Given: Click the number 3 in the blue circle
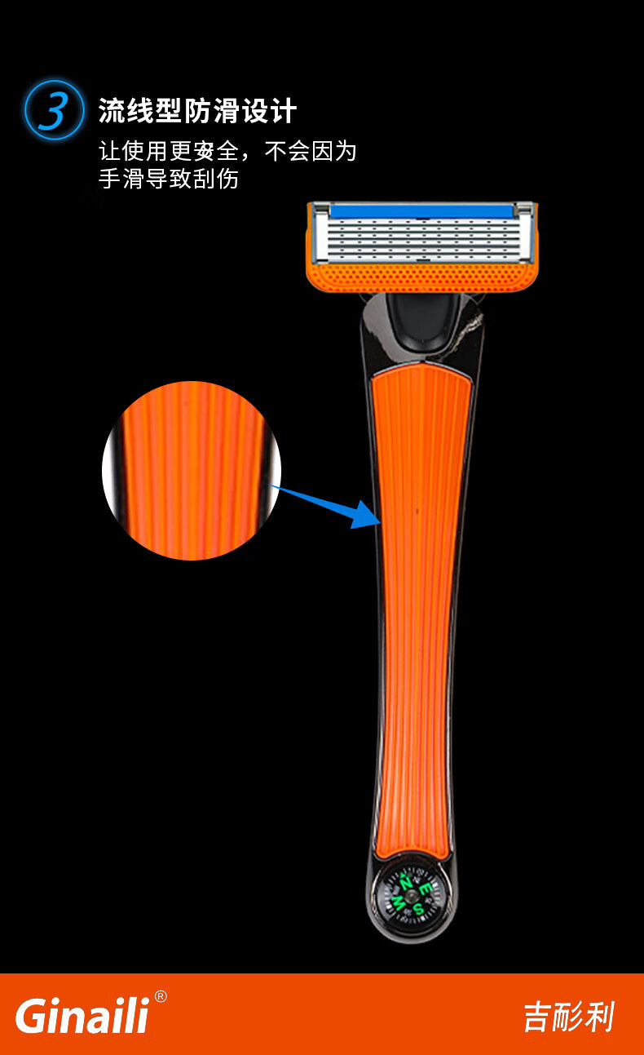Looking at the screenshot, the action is click(x=54, y=111).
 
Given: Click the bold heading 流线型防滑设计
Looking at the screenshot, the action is click(x=197, y=111).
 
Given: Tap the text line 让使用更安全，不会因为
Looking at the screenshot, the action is click(x=227, y=151).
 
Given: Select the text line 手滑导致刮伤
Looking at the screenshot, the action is click(x=169, y=179).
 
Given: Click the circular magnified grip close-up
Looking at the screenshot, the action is click(x=191, y=471).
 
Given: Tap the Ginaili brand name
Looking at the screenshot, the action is click(x=82, y=1017).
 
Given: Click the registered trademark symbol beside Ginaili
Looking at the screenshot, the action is click(x=161, y=996).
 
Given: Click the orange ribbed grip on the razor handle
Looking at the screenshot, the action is click(x=419, y=612).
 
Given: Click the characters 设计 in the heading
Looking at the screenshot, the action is click(x=270, y=111).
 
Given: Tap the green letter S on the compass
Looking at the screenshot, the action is click(x=418, y=907).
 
